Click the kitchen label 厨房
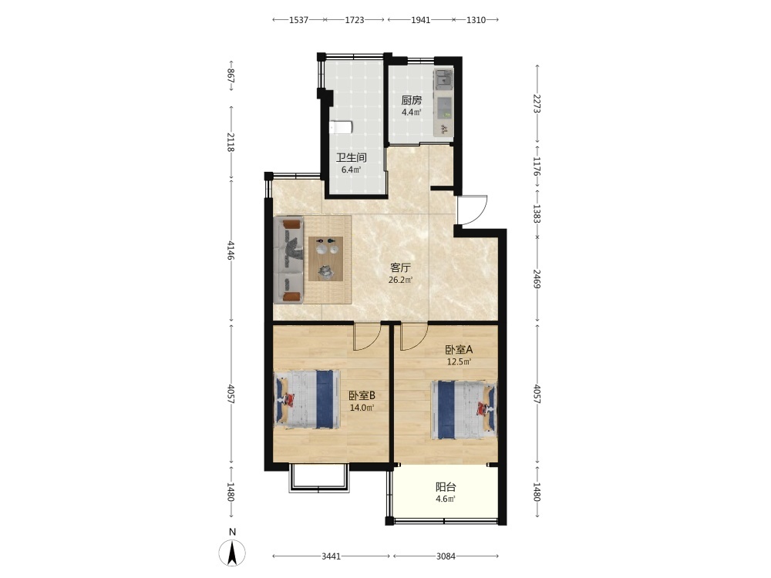click(411, 100)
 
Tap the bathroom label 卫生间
click(351, 158)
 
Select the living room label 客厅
click(400, 268)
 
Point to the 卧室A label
click(459, 350)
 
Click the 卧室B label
click(362, 395)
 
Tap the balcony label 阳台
click(446, 487)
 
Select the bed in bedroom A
click(463, 409)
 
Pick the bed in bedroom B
click(307, 399)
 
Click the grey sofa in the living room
click(290, 260)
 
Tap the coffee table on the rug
click(325, 258)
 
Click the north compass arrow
click(233, 553)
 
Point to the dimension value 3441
click(331, 556)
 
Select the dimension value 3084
click(446, 556)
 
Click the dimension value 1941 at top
click(420, 20)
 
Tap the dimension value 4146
click(231, 250)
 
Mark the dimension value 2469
click(537, 279)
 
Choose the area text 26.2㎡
click(400, 281)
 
